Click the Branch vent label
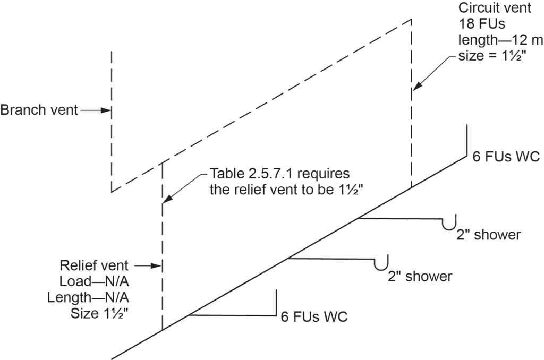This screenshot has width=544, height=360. (38, 110)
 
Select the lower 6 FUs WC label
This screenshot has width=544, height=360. (314, 318)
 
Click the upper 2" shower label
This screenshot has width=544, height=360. (489, 235)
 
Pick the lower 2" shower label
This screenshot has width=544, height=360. (420, 276)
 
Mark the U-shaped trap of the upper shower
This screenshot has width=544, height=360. (450, 225)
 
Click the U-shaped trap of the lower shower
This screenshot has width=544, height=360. (381, 264)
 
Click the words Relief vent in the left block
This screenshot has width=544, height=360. (94, 265)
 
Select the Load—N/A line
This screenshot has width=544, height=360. (101, 281)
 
